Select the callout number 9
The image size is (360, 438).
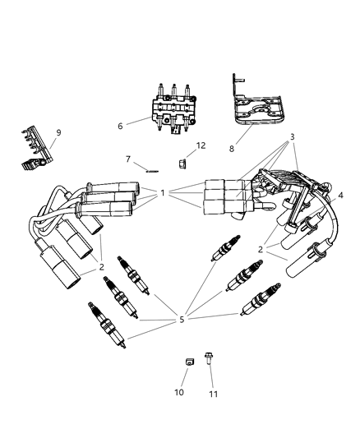point(58,132)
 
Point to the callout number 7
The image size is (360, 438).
point(128,159)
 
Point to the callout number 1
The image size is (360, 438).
point(163,193)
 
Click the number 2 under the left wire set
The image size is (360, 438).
point(102,266)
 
